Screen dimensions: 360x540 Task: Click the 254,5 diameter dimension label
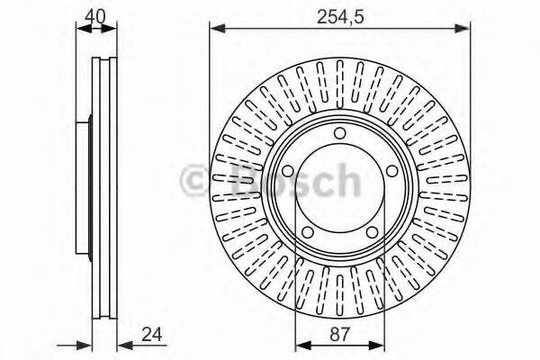[x=339, y=15]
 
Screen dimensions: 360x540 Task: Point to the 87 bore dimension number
[x=339, y=335]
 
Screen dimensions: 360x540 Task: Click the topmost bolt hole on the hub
[x=340, y=134]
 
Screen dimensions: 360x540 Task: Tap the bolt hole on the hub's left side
[x=288, y=173]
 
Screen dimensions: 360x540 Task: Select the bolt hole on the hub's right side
[x=391, y=173]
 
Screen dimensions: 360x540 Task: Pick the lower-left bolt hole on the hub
[x=307, y=232]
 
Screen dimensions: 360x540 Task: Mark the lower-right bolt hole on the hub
[x=372, y=232]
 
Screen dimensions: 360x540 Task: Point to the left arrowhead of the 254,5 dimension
[x=214, y=31]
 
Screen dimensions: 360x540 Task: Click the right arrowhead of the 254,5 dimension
[x=466, y=31]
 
